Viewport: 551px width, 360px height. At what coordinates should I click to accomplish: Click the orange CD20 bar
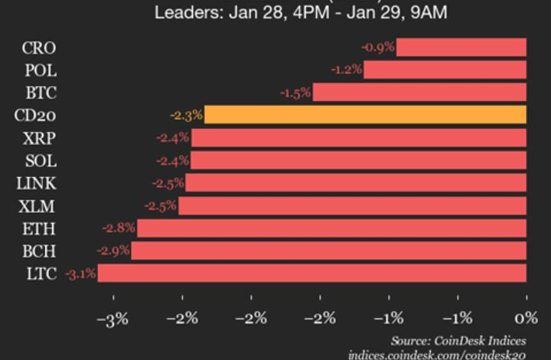click(x=365, y=115)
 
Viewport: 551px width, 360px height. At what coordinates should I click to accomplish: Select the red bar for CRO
click(x=461, y=47)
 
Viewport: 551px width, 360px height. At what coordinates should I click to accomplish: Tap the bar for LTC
click(x=311, y=273)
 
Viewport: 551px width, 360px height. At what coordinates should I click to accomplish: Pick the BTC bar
click(x=419, y=93)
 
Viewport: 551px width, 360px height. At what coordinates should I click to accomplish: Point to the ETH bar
click(x=331, y=227)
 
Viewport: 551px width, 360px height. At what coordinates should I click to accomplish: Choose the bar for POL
click(x=445, y=70)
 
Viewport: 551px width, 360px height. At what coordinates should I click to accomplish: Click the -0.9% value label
click(x=378, y=47)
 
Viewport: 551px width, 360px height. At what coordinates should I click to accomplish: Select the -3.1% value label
click(x=80, y=273)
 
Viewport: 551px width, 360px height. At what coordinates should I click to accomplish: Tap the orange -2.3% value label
click(x=186, y=116)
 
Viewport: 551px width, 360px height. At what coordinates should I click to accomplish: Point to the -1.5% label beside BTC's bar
click(x=295, y=93)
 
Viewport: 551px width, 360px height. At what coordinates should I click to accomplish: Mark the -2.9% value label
click(x=113, y=250)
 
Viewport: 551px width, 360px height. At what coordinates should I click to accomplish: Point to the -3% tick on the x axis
click(x=115, y=319)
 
